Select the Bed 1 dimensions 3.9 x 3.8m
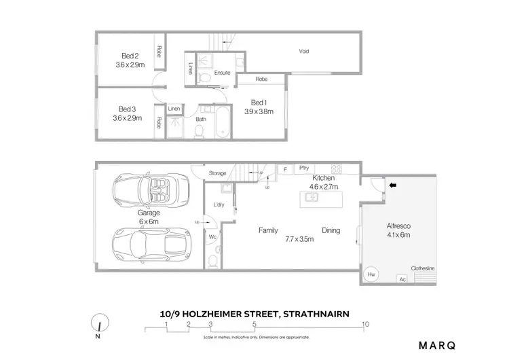tap(258, 111)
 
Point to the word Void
tap(304, 51)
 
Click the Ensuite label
tap(222, 73)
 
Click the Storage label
tap(217, 173)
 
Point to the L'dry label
tap(219, 204)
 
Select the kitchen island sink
tap(313, 198)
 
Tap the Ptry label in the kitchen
tap(304, 168)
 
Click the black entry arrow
tap(392, 183)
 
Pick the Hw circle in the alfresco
tap(371, 274)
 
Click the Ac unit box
tap(402, 278)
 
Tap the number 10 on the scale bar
tap(366, 323)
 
